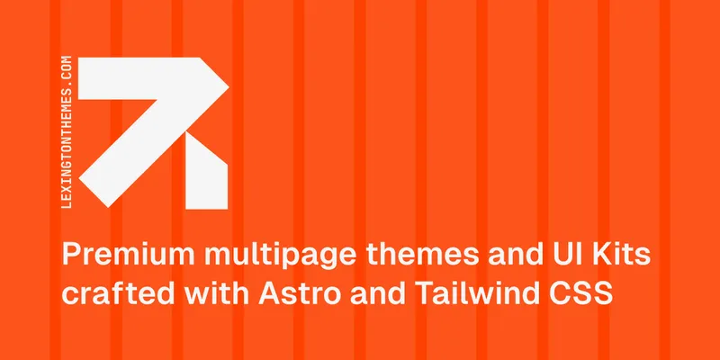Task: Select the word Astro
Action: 300,293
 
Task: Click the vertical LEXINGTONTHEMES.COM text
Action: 66,131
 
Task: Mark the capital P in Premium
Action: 71,256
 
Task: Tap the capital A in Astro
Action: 269,293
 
